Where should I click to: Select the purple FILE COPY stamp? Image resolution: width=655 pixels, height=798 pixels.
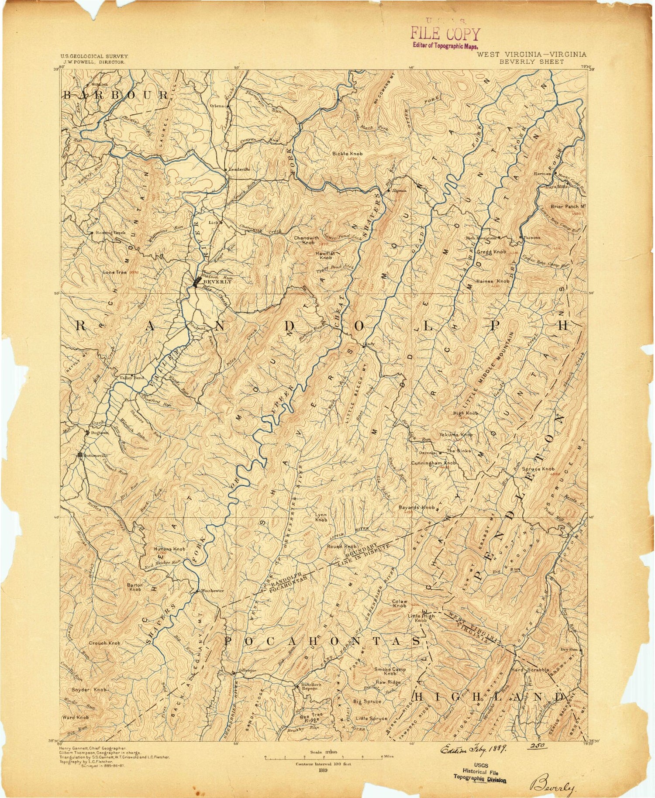click(445, 34)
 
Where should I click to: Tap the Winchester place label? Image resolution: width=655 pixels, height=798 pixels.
click(212, 591)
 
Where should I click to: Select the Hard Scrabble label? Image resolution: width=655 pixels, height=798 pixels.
click(530, 670)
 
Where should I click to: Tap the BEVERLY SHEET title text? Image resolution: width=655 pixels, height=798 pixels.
click(531, 62)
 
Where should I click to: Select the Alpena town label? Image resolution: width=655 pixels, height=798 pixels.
click(399, 190)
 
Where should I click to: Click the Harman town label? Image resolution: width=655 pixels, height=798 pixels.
click(543, 173)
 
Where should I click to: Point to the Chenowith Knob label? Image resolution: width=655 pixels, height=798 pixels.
click(304, 240)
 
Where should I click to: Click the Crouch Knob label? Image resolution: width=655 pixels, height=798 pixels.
click(104, 643)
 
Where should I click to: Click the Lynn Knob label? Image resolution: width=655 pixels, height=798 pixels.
click(321, 517)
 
